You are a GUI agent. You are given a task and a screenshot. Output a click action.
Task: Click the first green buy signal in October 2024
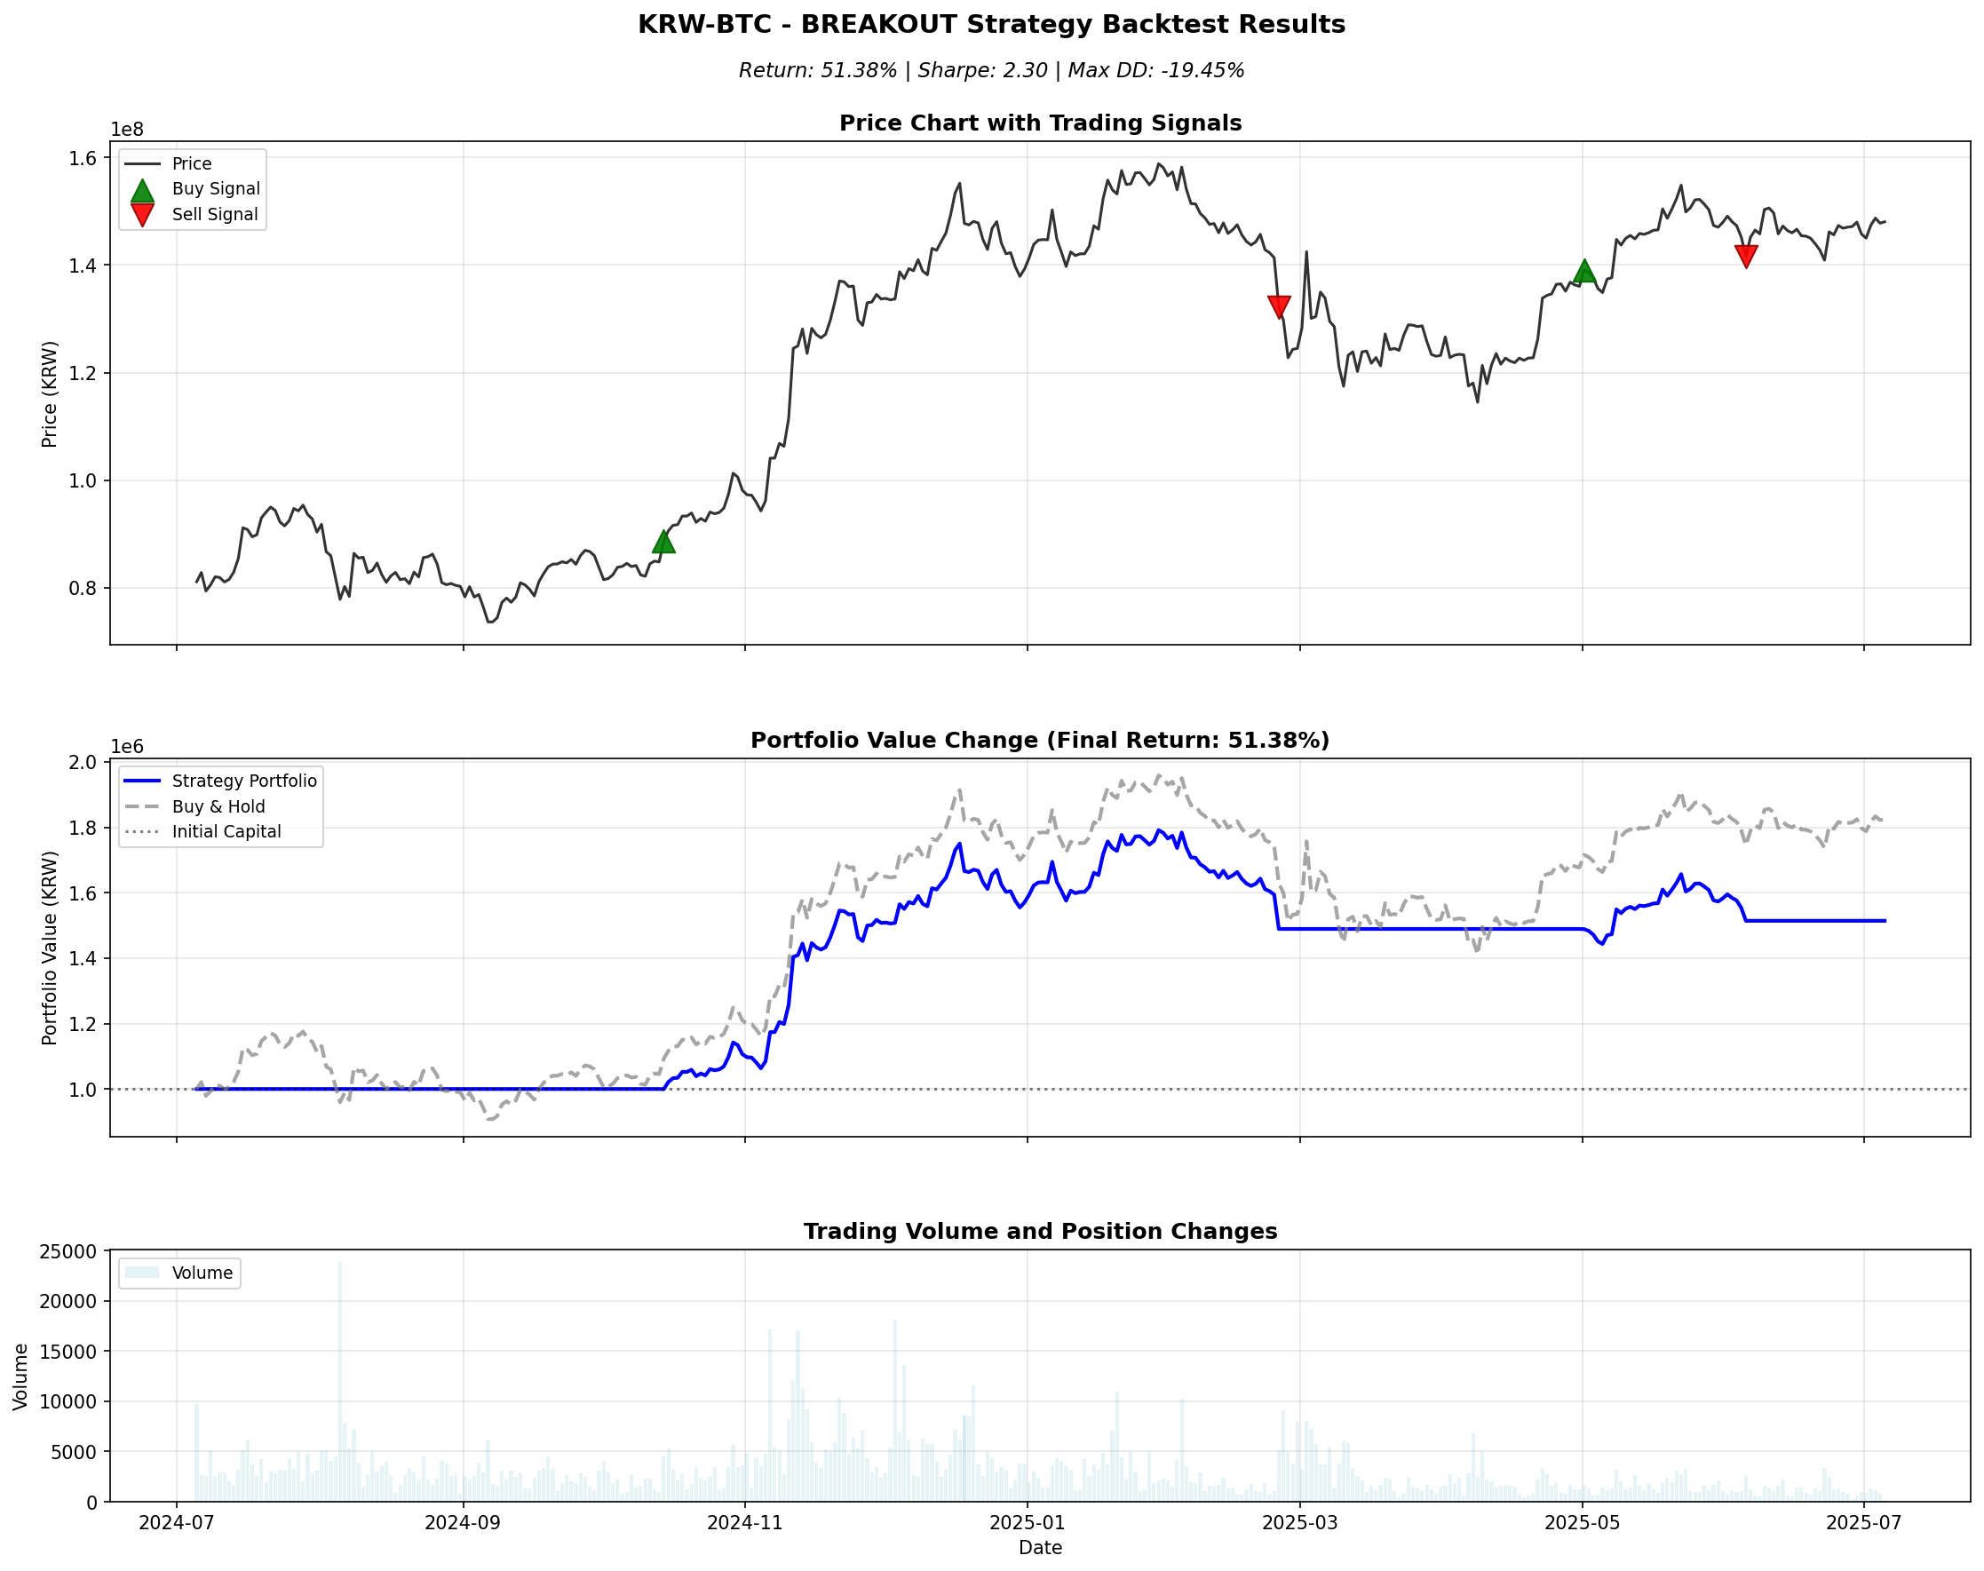pyautogui.click(x=663, y=542)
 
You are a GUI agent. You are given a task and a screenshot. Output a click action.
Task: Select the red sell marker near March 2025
pyautogui.click(x=1279, y=306)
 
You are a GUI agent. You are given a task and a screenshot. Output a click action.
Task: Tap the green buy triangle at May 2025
pyautogui.click(x=1583, y=270)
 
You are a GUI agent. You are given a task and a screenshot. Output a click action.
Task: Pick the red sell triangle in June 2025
pyautogui.click(x=1746, y=256)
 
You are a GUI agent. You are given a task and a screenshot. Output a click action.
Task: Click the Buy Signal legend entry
pyautogui.click(x=215, y=188)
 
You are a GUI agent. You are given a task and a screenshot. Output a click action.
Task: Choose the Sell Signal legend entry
pyautogui.click(x=214, y=214)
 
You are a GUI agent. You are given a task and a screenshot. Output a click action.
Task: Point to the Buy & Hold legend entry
pyautogui.click(x=218, y=806)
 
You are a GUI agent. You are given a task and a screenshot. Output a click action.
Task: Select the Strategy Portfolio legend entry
pyautogui.click(x=243, y=781)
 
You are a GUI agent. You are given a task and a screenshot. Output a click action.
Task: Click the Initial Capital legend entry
pyautogui.click(x=226, y=831)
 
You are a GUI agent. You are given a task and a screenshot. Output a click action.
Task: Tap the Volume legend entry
pyautogui.click(x=202, y=1273)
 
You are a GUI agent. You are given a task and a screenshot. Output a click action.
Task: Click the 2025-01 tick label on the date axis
pyautogui.click(x=1027, y=1522)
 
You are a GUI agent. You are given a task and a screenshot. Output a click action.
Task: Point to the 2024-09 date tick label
pyautogui.click(x=463, y=1522)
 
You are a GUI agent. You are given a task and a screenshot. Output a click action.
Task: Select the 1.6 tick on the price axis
pyautogui.click(x=83, y=158)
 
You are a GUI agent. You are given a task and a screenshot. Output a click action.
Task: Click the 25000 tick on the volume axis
pyautogui.click(x=68, y=1252)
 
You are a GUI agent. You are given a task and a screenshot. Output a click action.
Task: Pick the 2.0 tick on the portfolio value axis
pyautogui.click(x=83, y=763)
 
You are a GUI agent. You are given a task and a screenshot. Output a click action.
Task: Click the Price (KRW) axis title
pyautogui.click(x=50, y=393)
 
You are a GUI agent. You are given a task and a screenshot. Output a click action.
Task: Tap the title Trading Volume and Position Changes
pyautogui.click(x=1039, y=1232)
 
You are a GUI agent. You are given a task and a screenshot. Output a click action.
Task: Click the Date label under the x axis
pyautogui.click(x=1039, y=1548)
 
